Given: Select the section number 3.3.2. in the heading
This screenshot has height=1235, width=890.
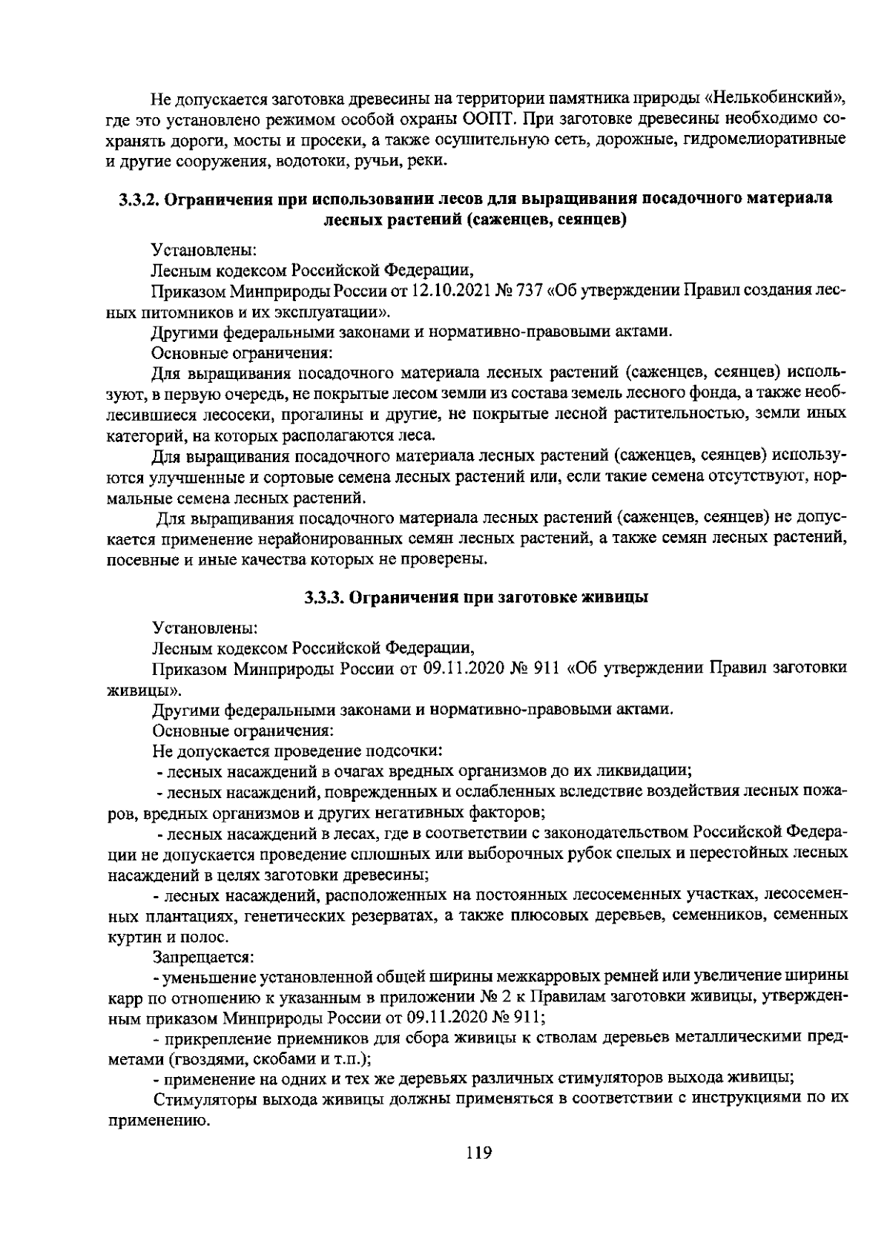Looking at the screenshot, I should [140, 200].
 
